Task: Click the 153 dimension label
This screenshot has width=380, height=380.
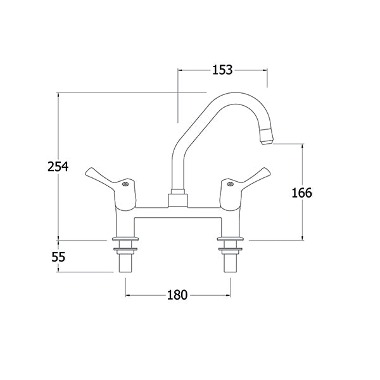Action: coord(222,70)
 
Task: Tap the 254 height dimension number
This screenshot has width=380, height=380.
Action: coord(58,167)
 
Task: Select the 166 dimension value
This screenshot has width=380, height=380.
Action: coord(301,193)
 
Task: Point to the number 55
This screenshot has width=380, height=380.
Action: coord(58,257)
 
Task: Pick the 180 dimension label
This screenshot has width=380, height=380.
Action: coord(177,295)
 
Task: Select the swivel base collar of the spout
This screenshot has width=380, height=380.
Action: coord(178,198)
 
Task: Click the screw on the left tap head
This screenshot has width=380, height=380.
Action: coord(125,184)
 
